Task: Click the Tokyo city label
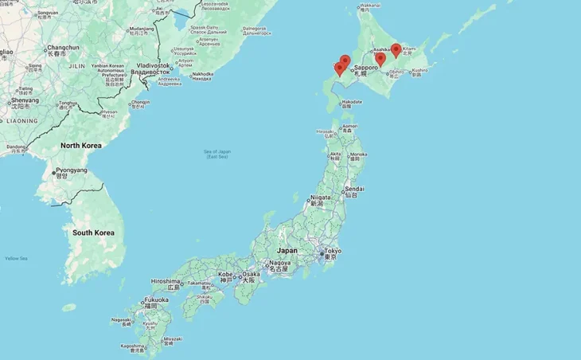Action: (x=333, y=251)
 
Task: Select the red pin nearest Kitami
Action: (x=396, y=51)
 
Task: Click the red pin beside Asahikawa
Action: (x=380, y=57)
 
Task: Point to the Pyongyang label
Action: (x=71, y=170)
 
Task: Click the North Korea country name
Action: (x=81, y=146)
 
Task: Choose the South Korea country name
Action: (x=93, y=233)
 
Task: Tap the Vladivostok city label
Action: (x=154, y=65)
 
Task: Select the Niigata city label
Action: (x=320, y=197)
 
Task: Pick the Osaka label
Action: (x=251, y=275)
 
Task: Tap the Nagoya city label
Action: (x=279, y=263)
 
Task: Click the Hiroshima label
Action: (x=166, y=281)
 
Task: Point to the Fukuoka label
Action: (x=156, y=299)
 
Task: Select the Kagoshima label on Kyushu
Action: (x=133, y=346)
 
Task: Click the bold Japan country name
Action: (x=287, y=250)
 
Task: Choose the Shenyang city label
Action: (x=25, y=100)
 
